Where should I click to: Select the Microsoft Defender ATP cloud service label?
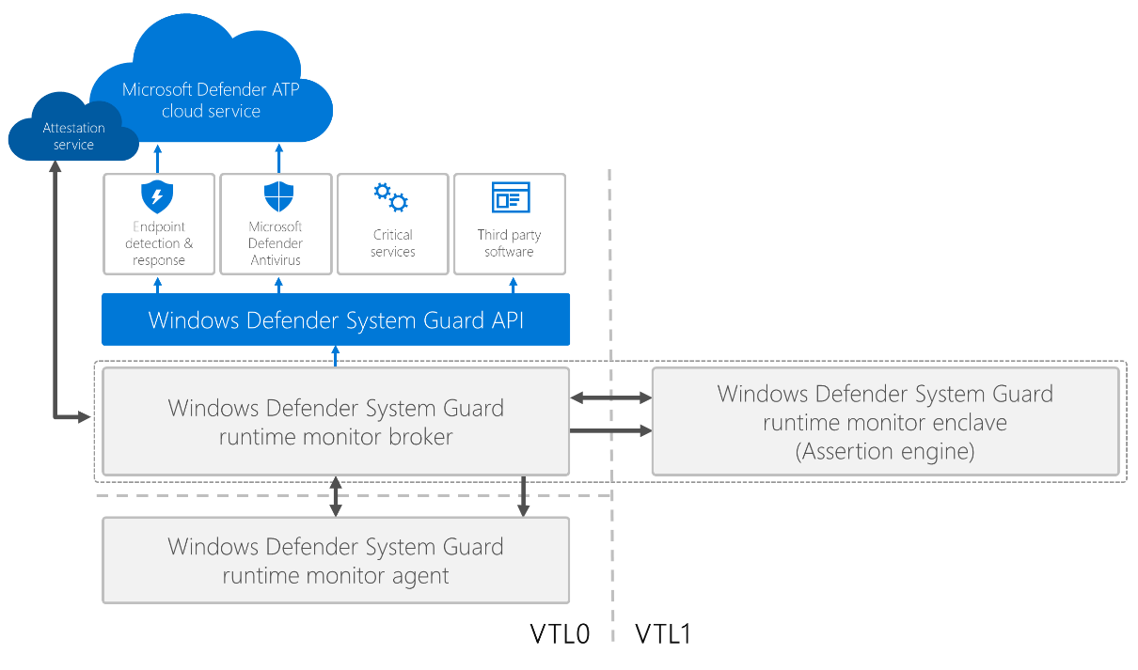[x=211, y=101]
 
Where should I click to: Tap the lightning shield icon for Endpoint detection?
[x=157, y=197]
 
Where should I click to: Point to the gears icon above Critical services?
[x=390, y=197]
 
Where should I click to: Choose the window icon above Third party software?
[x=511, y=197]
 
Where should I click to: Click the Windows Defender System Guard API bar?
[x=336, y=320]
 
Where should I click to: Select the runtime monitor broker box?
[x=336, y=422]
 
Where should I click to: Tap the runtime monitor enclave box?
[x=885, y=422]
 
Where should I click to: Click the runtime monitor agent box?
[x=336, y=561]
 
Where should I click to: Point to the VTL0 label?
[x=560, y=634]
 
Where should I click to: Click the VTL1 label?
[x=663, y=634]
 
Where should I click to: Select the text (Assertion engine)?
[x=885, y=451]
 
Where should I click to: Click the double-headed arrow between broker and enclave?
[x=610, y=398]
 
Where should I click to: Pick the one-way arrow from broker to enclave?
[x=610, y=431]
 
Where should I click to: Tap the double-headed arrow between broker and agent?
[x=336, y=495]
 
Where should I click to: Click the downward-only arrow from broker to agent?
[x=524, y=495]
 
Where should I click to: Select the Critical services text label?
[x=392, y=242]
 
